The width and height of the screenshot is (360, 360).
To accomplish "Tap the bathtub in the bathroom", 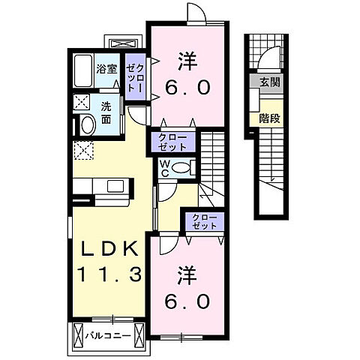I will [x=83, y=71].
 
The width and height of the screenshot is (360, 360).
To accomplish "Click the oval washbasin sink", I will [x=86, y=124].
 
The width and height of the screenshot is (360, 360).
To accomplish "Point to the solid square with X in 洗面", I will [x=82, y=101].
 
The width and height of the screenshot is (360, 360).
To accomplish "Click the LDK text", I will [x=106, y=248].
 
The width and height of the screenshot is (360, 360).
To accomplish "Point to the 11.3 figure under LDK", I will [x=106, y=274].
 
